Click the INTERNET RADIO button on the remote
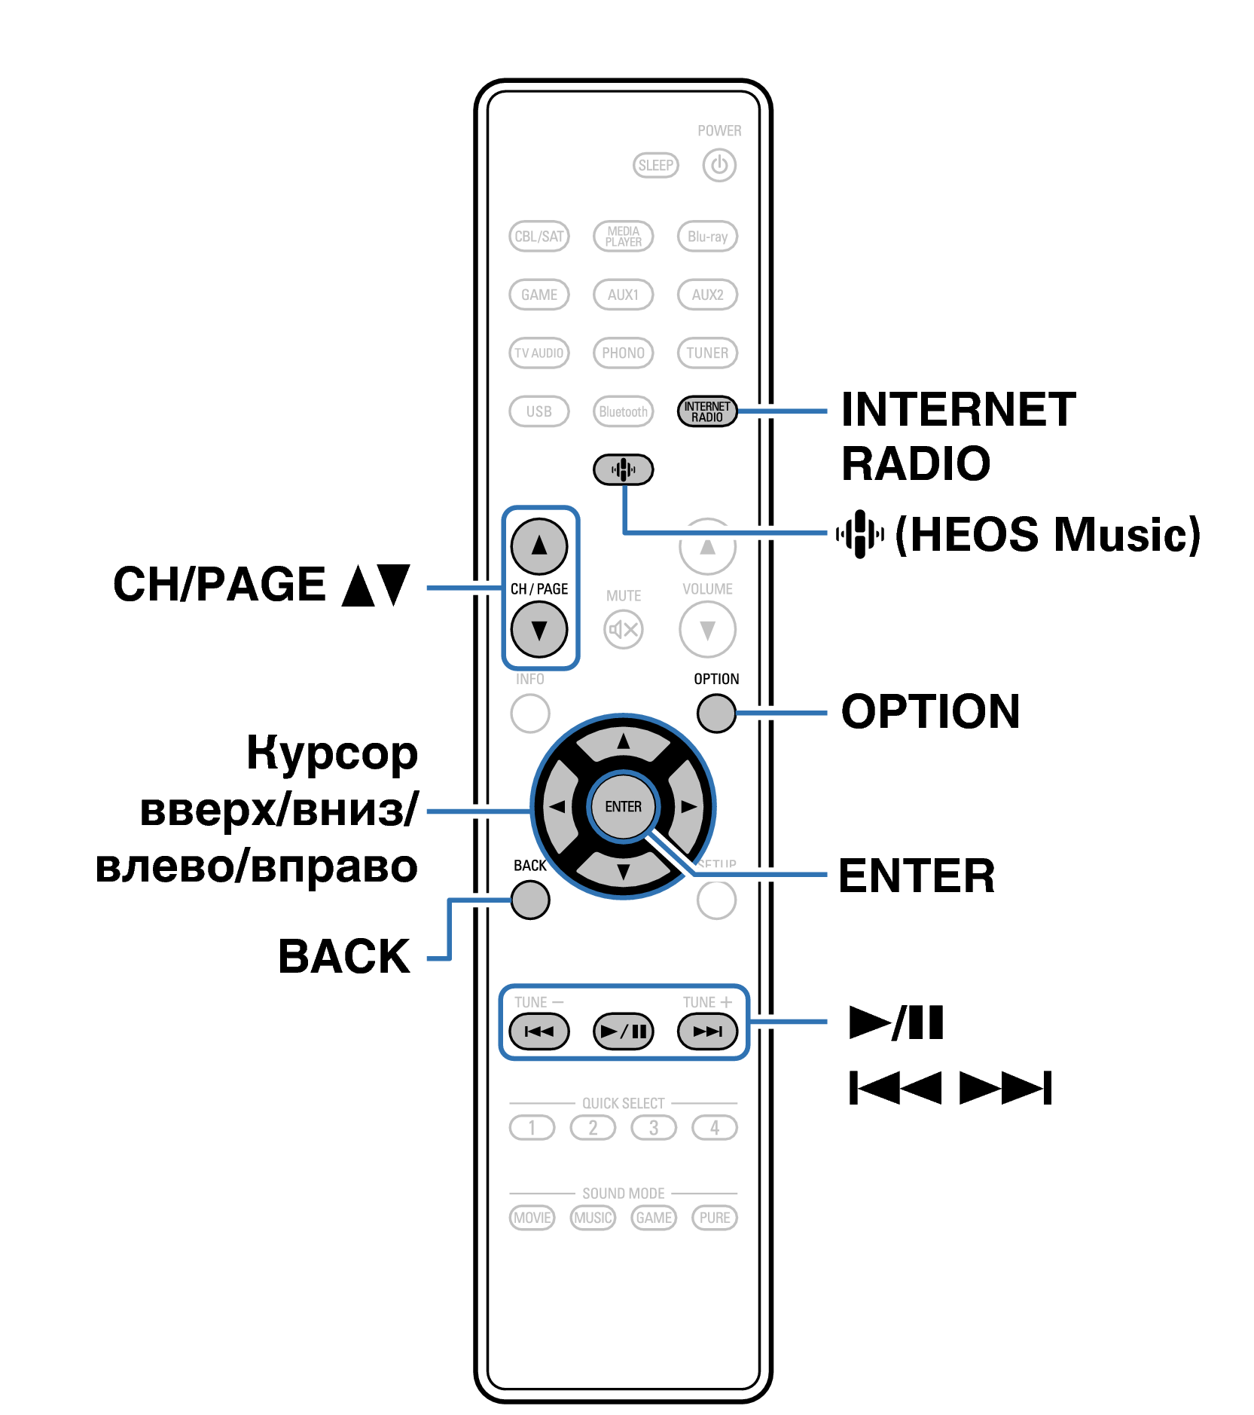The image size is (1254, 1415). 706,411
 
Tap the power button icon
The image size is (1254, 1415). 719,165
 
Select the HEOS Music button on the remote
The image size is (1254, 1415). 623,469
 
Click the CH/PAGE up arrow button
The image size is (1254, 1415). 539,546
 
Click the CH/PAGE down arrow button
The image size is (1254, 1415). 539,629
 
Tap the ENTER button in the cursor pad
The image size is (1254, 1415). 623,806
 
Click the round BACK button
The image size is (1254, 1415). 529,900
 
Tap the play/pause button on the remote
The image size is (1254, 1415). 623,1031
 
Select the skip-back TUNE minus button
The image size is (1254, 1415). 539,1031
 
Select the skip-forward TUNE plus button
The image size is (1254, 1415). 706,1031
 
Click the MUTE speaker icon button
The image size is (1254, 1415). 623,629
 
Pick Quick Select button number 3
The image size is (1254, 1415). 653,1128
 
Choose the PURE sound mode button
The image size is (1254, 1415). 714,1218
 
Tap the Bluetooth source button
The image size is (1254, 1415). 623,411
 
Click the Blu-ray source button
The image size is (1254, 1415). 706,237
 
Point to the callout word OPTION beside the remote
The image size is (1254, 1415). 930,712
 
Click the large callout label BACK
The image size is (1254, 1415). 344,957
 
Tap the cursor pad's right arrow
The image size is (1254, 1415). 688,806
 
